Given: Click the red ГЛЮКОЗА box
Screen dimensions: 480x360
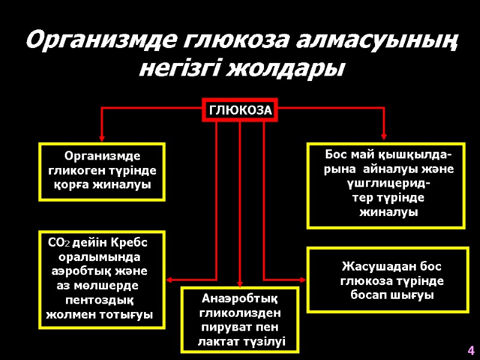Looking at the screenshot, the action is (239, 110).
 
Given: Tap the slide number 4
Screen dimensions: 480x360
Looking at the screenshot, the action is (471, 350).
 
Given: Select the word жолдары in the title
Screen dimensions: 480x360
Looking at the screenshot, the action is (299, 68).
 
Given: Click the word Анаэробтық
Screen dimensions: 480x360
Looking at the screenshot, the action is (240, 298).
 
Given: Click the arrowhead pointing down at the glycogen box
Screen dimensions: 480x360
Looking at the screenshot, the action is (102, 137).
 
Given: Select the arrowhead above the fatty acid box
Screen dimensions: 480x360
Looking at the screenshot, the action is (384, 137).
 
